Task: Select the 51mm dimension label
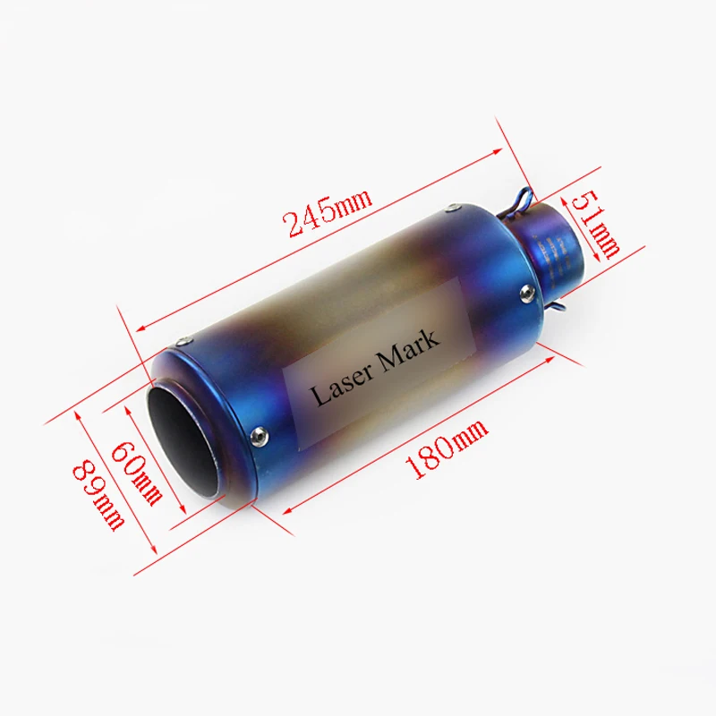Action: coord(596,225)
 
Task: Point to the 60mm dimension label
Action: coord(137,473)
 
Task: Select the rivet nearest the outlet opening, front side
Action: coord(259,435)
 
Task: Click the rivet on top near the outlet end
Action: coord(184,340)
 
